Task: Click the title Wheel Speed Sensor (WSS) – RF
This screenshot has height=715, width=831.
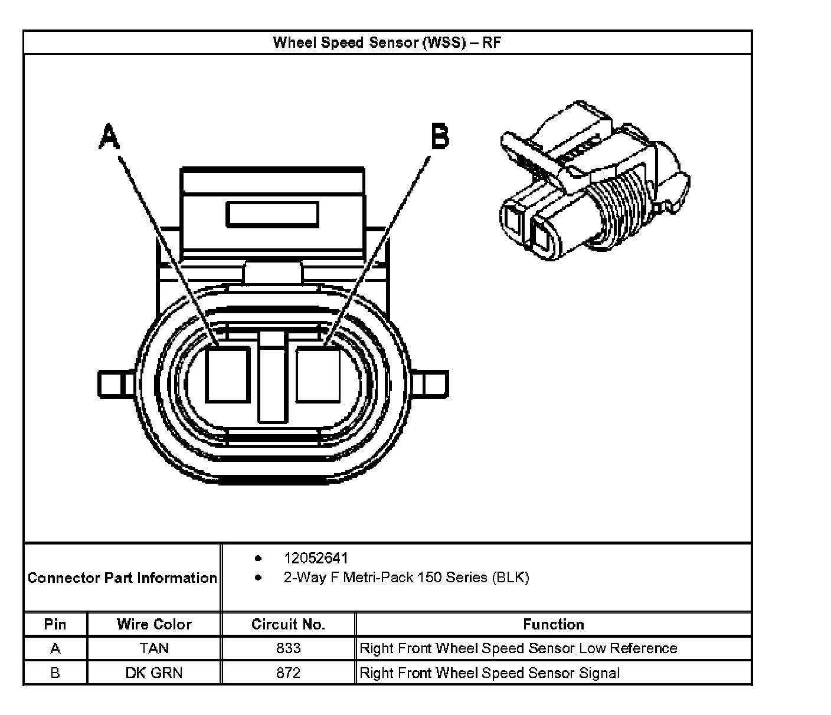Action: click(x=387, y=43)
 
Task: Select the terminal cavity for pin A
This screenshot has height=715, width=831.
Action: click(x=228, y=375)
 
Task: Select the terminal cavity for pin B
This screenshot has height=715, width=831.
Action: click(x=318, y=375)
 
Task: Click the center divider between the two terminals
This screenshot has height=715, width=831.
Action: click(x=273, y=378)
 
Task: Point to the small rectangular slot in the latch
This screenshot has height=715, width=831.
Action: click(x=273, y=215)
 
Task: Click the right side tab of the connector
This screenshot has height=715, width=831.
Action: click(x=435, y=384)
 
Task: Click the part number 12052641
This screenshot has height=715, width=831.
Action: click(x=316, y=558)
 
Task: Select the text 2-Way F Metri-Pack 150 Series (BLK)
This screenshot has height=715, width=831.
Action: click(x=406, y=578)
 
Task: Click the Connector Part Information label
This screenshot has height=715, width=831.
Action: click(x=122, y=578)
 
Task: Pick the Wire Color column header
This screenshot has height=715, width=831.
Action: click(x=154, y=624)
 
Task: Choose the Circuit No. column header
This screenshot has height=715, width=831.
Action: click(x=288, y=624)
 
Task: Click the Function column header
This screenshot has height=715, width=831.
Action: click(x=553, y=624)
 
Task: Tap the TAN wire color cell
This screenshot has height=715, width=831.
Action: click(x=154, y=648)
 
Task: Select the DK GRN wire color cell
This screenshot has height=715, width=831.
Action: click(x=154, y=673)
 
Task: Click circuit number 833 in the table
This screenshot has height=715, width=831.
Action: click(x=288, y=648)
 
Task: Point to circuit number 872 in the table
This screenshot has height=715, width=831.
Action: click(x=288, y=673)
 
